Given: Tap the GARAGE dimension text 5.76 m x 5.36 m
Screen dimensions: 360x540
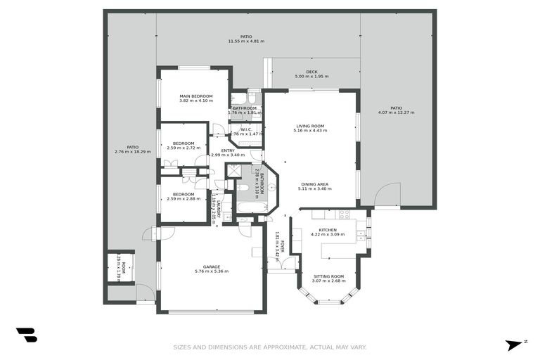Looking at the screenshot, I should pyautogui.click(x=212, y=271).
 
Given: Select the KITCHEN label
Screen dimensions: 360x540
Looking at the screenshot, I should pyautogui.click(x=328, y=230).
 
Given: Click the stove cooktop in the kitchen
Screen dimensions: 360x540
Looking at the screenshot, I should pyautogui.click(x=345, y=214).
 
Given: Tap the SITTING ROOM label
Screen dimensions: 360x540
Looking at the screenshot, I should pyautogui.click(x=328, y=276).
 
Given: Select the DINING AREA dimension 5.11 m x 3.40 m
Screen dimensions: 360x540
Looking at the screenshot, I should pyautogui.click(x=313, y=189).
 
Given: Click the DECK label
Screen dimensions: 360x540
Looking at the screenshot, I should pyautogui.click(x=311, y=72).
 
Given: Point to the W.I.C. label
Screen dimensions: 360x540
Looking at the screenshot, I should pyautogui.click(x=246, y=129).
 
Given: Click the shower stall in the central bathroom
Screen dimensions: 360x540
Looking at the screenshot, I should pyautogui.click(x=233, y=171).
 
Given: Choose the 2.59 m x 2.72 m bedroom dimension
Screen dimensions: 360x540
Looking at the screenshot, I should pyautogui.click(x=184, y=148).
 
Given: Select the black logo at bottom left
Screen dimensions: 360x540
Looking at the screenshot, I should pyautogui.click(x=26, y=335).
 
